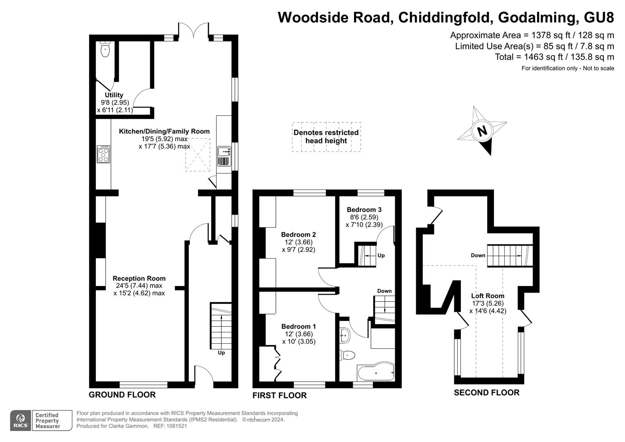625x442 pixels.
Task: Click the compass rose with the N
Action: tap(482, 131)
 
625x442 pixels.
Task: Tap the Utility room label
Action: tap(114, 95)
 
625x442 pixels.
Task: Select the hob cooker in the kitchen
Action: tap(103, 154)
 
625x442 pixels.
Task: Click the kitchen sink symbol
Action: tap(224, 152)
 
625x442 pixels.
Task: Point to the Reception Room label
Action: tap(139, 278)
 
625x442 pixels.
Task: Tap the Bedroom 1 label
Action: tap(298, 326)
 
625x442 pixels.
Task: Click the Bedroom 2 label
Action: tap(298, 235)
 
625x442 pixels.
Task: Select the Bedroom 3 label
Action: tap(364, 210)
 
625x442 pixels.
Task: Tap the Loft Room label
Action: tap(487, 295)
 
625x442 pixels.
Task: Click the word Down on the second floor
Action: tap(478, 255)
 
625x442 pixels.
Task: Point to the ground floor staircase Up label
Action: tap(221, 352)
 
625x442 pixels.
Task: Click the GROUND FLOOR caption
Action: tap(122, 395)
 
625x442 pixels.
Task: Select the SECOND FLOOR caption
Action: tap(486, 392)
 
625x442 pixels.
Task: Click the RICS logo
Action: tap(20, 421)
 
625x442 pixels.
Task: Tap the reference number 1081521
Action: tap(176, 426)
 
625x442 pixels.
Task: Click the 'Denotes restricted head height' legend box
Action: tap(326, 137)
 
